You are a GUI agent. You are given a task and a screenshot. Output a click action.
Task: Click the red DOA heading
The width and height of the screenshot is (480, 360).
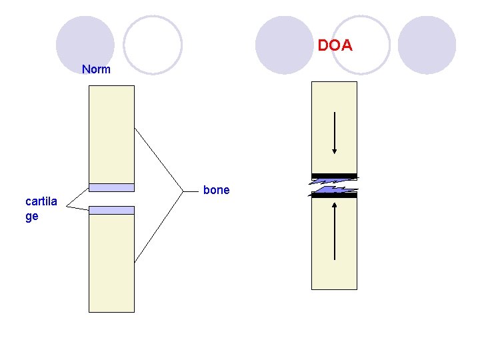(x=335, y=46)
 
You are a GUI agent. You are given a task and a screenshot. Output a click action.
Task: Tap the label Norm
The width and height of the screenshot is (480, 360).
(x=96, y=69)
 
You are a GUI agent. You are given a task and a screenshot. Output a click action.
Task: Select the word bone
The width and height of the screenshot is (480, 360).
(x=216, y=190)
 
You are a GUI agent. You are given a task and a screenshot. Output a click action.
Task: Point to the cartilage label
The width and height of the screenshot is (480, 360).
(x=41, y=209)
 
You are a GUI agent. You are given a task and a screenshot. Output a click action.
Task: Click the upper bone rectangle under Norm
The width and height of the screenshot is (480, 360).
(x=111, y=133)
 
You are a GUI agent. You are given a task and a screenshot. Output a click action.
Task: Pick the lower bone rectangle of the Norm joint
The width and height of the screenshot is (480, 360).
(x=111, y=263)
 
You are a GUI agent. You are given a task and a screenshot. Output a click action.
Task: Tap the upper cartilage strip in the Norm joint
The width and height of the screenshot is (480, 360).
(x=111, y=187)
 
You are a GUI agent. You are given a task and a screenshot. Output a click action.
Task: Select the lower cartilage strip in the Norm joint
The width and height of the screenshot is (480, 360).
(x=111, y=210)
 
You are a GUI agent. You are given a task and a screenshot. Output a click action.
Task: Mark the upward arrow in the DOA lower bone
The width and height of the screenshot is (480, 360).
(x=335, y=231)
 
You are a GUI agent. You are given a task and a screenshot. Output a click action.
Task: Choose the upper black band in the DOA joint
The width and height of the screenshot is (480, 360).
(x=335, y=176)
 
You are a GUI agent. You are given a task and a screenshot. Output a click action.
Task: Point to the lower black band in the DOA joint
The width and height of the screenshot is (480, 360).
(x=335, y=195)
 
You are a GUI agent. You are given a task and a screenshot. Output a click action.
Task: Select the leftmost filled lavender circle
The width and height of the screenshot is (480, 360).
(x=85, y=45)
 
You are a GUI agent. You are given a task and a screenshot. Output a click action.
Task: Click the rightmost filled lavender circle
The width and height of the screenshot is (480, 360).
(x=427, y=45)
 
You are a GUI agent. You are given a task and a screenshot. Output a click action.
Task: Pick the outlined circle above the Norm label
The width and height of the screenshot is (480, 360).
(x=153, y=45)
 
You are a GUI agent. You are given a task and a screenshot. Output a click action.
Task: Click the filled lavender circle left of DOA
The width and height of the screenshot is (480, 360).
(x=284, y=45)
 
